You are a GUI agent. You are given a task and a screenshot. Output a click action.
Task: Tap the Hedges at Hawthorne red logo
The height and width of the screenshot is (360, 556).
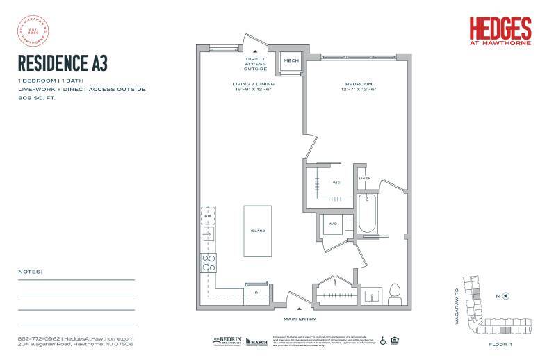500,32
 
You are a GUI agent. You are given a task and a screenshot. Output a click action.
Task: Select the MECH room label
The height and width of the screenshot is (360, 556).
290,61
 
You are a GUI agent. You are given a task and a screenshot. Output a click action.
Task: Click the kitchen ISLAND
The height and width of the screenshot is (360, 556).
258,231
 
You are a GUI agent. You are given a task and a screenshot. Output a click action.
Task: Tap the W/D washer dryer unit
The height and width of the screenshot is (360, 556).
332,224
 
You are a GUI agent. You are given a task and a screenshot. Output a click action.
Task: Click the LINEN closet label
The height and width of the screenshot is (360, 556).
365,179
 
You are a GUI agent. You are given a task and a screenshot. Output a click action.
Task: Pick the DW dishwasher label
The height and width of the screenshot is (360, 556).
206,215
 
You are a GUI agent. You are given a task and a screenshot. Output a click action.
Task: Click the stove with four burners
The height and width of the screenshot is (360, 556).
208,262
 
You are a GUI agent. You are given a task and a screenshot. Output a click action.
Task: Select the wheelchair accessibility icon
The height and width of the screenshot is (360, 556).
382,341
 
